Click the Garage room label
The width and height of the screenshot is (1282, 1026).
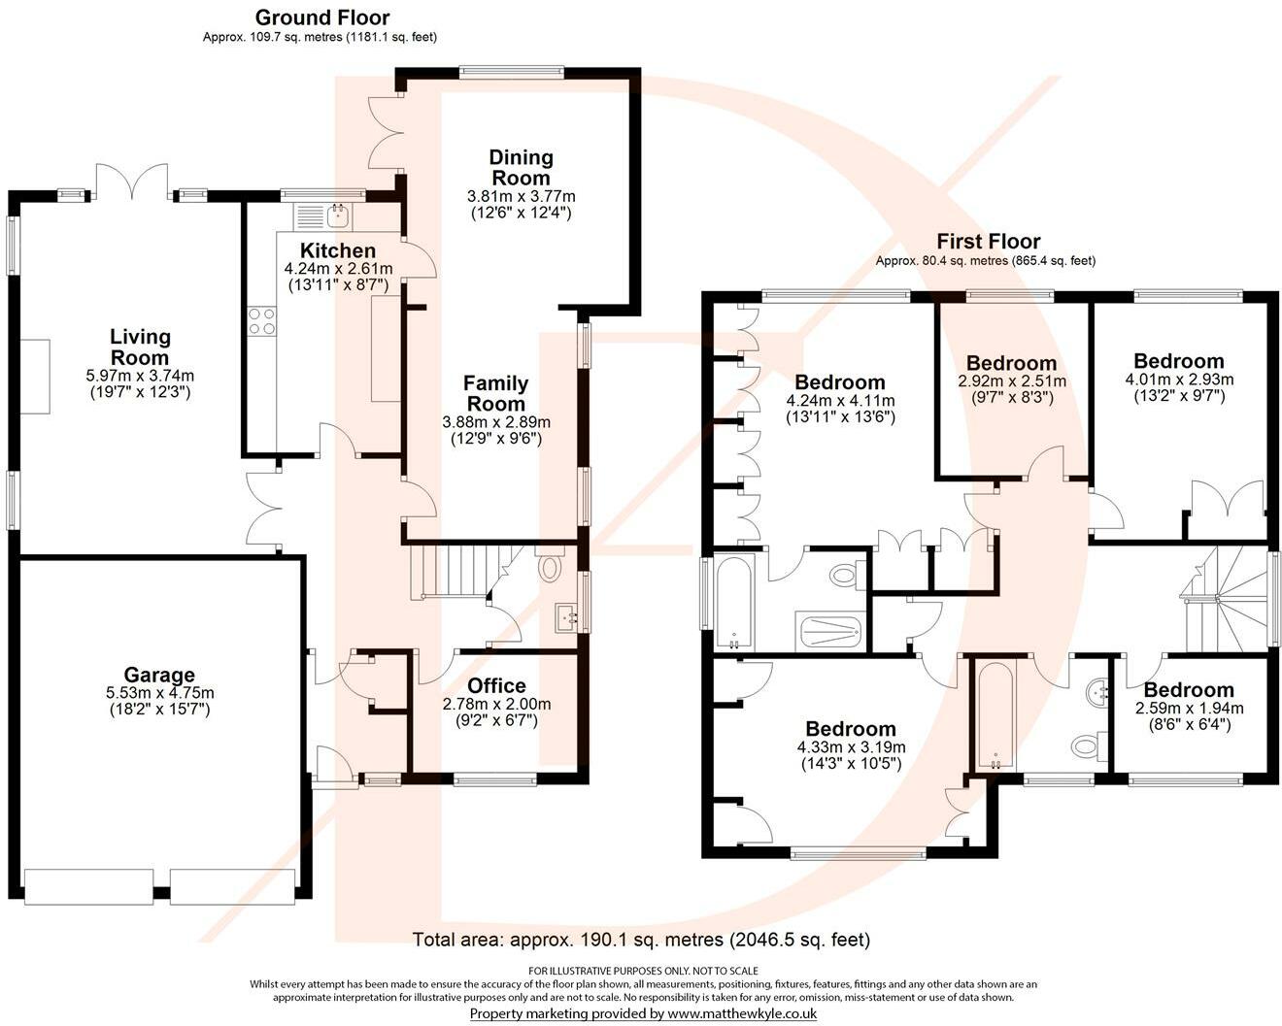(159, 675)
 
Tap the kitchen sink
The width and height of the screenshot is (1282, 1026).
(339, 215)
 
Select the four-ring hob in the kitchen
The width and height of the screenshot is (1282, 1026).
(261, 321)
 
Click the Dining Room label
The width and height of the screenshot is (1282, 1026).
(521, 167)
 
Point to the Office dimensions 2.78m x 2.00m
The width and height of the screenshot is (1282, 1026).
(496, 704)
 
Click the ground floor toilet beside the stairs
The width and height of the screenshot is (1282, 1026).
(551, 564)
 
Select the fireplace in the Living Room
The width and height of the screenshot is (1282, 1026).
(35, 376)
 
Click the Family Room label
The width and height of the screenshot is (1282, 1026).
(495, 393)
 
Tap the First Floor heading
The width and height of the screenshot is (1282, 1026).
(989, 241)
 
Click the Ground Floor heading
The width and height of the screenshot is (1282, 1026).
(322, 17)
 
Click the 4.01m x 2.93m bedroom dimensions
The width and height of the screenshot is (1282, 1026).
(1179, 380)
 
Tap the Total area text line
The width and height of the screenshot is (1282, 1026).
(641, 940)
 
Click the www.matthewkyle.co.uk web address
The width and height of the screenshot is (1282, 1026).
(742, 1013)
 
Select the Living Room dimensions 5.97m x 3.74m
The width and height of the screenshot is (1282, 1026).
(140, 376)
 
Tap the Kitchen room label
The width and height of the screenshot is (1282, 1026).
(338, 250)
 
